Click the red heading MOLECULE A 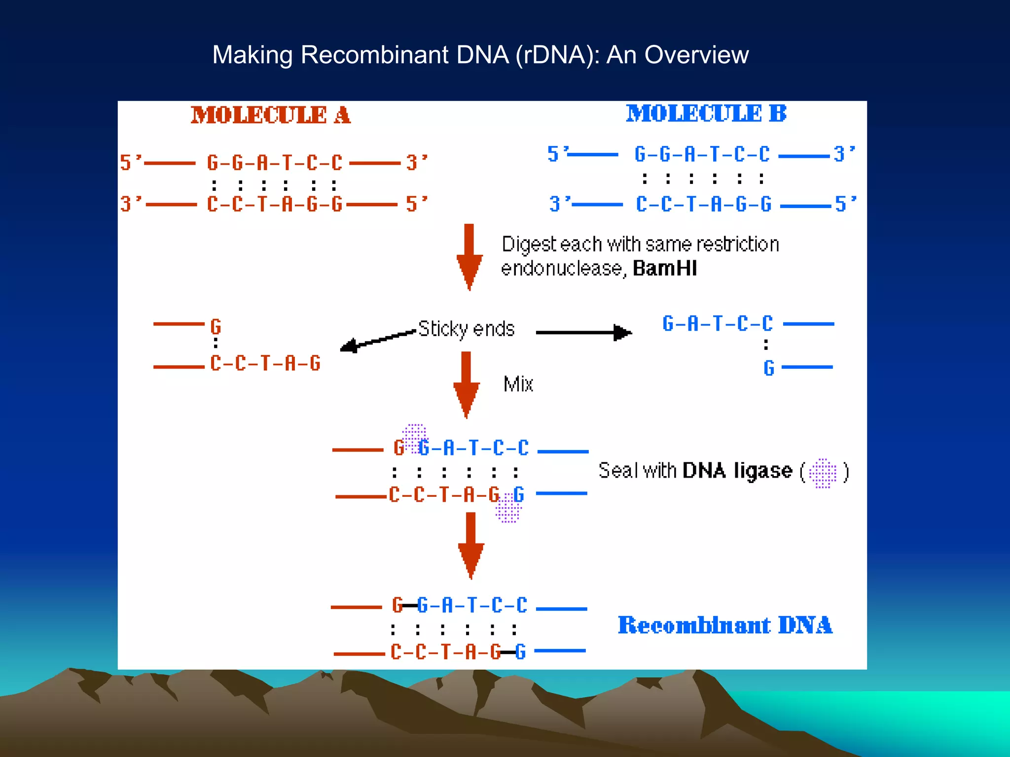point(270,115)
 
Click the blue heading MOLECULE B point(706,113)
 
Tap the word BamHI point(664,269)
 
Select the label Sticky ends point(466,329)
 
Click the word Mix point(518,384)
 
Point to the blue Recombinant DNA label point(725,625)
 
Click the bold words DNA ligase point(737,471)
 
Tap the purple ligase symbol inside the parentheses point(823,473)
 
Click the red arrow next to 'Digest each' point(469,256)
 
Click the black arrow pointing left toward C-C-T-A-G point(377,341)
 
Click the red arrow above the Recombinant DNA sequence point(471,545)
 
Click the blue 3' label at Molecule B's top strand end point(844,154)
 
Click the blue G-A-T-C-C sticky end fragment point(717,324)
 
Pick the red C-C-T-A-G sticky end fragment point(265,363)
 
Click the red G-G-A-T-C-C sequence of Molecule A point(274,163)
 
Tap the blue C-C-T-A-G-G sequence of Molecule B point(703,204)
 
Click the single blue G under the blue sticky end point(768,368)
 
